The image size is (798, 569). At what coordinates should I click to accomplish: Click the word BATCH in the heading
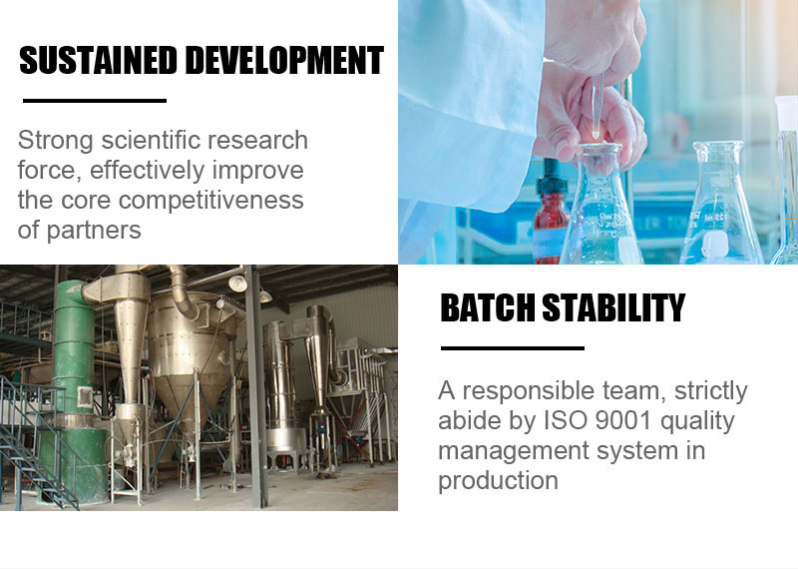[x=488, y=307]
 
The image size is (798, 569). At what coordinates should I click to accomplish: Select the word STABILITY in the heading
[x=613, y=307]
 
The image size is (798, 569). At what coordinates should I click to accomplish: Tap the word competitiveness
[x=210, y=201]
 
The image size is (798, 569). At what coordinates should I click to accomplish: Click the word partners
[x=94, y=231]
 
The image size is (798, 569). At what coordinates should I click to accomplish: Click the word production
[x=498, y=480]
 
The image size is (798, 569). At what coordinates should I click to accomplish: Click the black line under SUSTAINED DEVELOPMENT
[x=95, y=101]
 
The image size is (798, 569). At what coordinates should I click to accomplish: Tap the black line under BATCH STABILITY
[x=513, y=348]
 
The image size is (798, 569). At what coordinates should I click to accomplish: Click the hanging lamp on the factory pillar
[x=237, y=284]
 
